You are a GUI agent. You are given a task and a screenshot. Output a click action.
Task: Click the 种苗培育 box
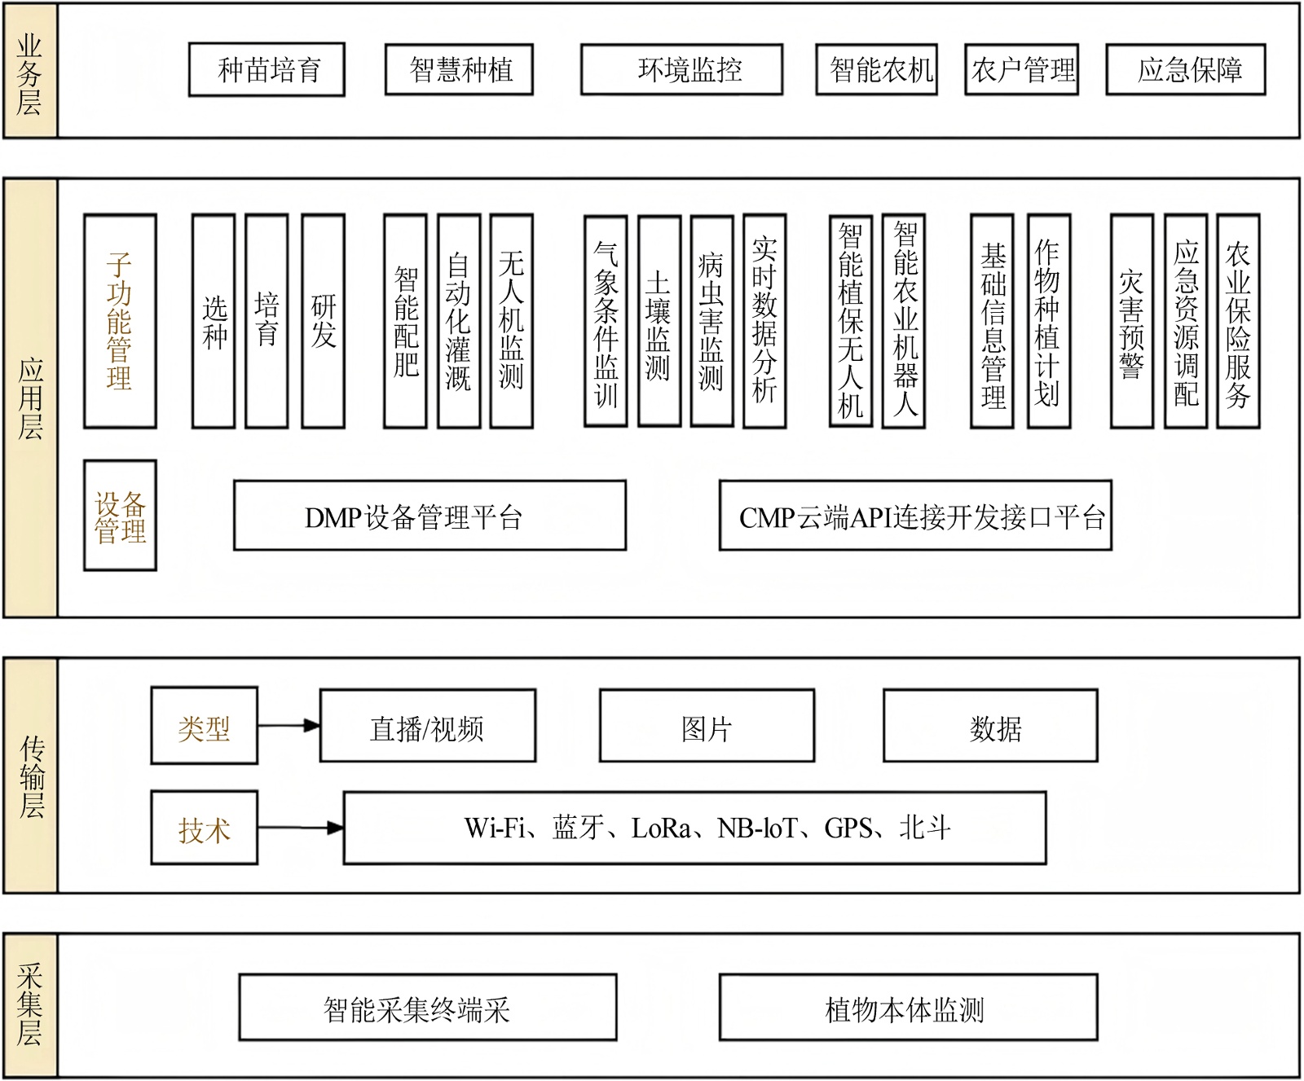(267, 70)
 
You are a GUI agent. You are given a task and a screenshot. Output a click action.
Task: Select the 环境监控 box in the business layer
(681, 70)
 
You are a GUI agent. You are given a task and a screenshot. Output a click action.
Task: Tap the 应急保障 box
(1185, 70)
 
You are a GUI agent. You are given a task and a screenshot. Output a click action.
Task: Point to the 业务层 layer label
(30, 72)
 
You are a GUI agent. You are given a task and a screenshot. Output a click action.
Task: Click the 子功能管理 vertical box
(120, 321)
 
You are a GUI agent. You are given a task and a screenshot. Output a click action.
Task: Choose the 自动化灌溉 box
(458, 321)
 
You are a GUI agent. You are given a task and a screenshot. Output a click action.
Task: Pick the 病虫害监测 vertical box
(711, 321)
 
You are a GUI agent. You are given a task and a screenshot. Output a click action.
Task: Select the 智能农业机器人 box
(904, 321)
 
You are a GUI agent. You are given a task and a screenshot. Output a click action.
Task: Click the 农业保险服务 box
(1237, 321)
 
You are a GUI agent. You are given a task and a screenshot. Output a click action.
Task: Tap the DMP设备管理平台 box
(430, 516)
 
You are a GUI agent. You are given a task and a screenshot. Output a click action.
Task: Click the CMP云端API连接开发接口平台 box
(915, 516)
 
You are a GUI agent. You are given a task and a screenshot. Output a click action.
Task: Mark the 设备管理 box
(120, 516)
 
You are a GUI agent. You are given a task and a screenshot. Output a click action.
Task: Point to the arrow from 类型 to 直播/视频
(289, 725)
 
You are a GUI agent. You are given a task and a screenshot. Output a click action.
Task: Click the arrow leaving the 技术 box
(300, 828)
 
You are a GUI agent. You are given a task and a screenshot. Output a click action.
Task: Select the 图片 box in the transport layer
(707, 726)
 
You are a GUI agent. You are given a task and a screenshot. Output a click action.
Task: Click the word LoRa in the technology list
(660, 828)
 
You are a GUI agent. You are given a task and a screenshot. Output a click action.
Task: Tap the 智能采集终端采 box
(427, 1009)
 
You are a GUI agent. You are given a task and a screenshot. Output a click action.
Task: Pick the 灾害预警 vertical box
(1131, 321)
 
